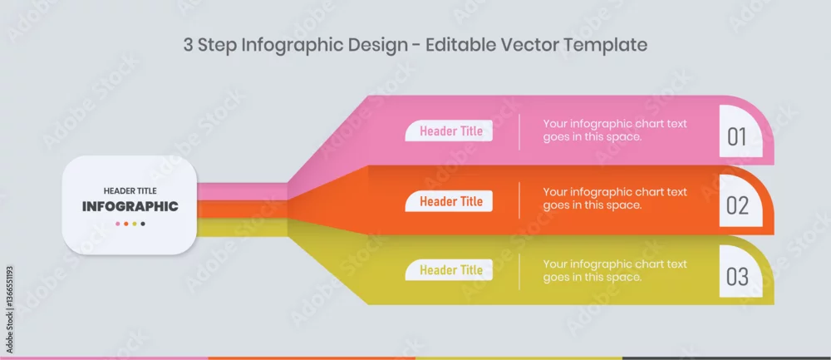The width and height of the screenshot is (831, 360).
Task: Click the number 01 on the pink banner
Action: click(x=736, y=137)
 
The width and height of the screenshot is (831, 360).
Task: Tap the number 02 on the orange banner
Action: click(x=737, y=205)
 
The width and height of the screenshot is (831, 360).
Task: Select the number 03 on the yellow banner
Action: click(x=737, y=277)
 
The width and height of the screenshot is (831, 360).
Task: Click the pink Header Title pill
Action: click(x=449, y=131)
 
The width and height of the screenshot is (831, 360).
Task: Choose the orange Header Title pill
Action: click(x=449, y=201)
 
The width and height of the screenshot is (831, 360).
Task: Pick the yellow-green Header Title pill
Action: click(x=449, y=270)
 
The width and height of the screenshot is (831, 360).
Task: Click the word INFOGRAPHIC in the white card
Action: click(x=130, y=206)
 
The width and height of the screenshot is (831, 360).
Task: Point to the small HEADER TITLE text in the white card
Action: click(x=130, y=191)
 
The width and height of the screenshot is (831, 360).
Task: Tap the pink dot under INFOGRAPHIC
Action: click(x=118, y=224)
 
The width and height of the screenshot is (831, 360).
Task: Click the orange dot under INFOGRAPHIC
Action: click(x=126, y=224)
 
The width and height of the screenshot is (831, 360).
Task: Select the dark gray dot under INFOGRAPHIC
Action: click(x=143, y=224)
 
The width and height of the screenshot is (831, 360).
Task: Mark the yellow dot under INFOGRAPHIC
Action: click(x=135, y=224)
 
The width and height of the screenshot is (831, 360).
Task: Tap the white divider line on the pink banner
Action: click(x=519, y=131)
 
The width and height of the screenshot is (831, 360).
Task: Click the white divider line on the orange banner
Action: click(x=519, y=200)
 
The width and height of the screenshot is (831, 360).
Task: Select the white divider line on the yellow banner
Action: click(x=519, y=272)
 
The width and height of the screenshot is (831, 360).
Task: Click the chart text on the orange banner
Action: click(x=615, y=199)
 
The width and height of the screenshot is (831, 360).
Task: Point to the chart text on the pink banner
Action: click(x=615, y=131)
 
